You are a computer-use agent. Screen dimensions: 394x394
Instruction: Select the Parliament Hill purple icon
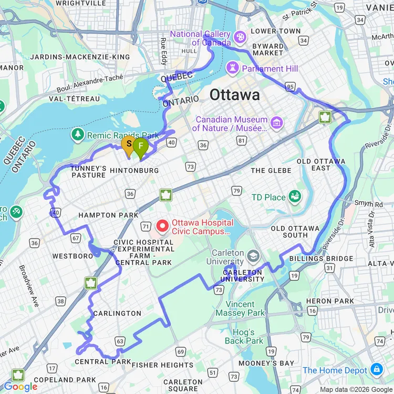[232, 68]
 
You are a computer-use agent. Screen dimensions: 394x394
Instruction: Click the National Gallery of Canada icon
[240, 38]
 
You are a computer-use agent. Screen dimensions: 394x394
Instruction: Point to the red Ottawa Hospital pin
[163, 226]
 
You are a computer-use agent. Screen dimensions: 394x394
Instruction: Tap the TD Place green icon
[295, 198]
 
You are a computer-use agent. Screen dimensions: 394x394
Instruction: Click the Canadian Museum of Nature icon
[276, 123]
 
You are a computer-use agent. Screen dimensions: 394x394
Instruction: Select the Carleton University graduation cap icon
[254, 256]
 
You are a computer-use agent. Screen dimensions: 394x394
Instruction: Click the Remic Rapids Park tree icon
[78, 135]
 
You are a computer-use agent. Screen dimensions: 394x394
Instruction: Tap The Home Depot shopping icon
[377, 370]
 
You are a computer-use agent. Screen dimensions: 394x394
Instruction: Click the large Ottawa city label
[234, 95]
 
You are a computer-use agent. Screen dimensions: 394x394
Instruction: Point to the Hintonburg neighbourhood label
[134, 171]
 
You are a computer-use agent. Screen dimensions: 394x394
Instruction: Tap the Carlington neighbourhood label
[117, 313]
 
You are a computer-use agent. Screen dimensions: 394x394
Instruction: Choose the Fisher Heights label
[162, 365]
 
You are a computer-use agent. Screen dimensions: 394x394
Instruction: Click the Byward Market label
[267, 49]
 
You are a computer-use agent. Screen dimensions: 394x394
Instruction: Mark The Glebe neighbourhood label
[272, 170]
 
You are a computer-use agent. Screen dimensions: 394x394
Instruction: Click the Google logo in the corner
[21, 387]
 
